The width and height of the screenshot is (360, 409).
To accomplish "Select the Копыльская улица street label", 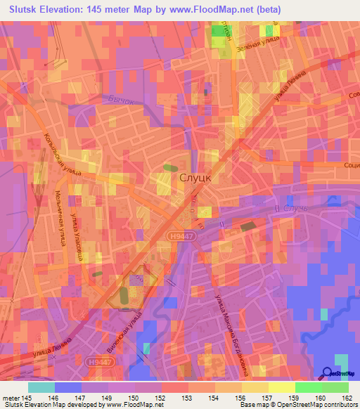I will tap(64, 153).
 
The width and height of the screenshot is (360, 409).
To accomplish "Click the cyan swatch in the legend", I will tap(41, 387).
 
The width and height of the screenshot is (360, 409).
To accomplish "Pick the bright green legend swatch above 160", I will tap(308, 387).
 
